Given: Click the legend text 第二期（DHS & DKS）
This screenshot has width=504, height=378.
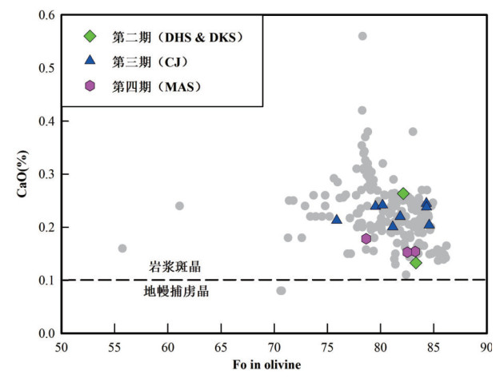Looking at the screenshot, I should pyautogui.click(x=177, y=36).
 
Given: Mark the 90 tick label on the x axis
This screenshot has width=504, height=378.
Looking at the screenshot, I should pyautogui.click(x=484, y=348).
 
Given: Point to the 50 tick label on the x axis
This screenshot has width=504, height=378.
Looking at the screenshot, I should pyautogui.click(x=62, y=348).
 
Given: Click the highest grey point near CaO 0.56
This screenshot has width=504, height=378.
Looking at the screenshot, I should pyautogui.click(x=362, y=36).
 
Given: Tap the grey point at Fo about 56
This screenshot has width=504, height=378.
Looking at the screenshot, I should pyautogui.click(x=122, y=249).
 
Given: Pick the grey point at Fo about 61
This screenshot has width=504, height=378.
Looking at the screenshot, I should pyautogui.click(x=179, y=205).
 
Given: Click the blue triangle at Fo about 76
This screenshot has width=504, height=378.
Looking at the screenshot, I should pyautogui.click(x=336, y=219).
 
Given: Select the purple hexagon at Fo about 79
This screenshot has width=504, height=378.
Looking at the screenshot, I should pyautogui.click(x=366, y=238).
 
